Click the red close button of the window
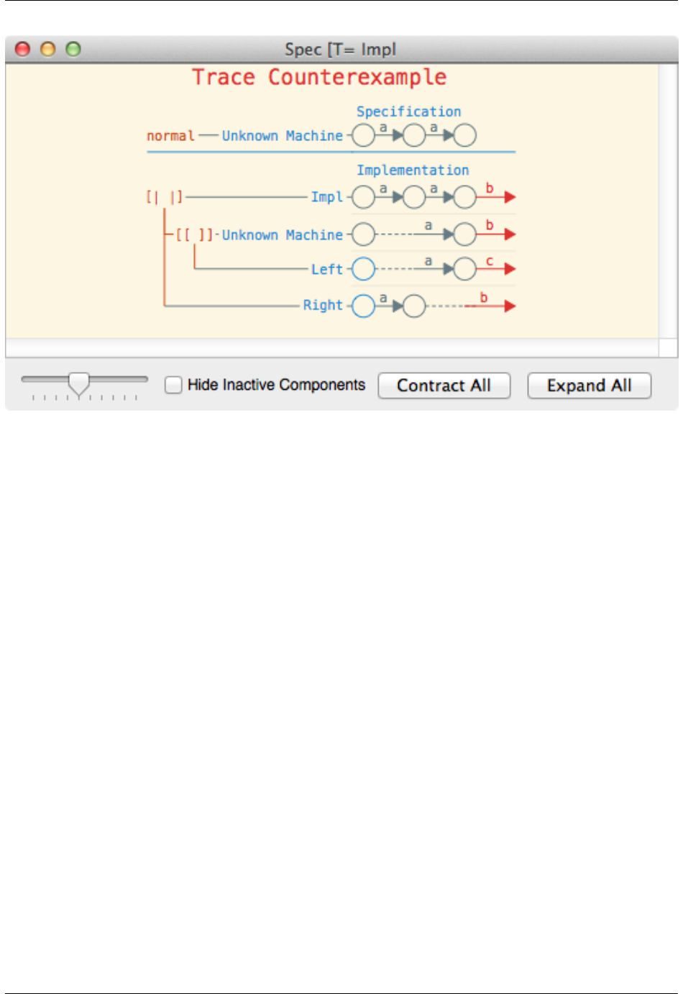tap(23, 49)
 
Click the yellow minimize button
tap(48, 49)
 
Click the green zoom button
tap(73, 49)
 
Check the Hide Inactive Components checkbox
tap(173, 385)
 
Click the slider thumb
tap(78, 383)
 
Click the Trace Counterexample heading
tap(319, 77)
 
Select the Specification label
tap(408, 111)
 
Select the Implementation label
tap(413, 170)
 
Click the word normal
tap(170, 136)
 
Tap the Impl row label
tap(326, 197)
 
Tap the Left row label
tap(326, 270)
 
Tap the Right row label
tap(323, 306)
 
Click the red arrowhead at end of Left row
tap(510, 269)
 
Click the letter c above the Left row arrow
tap(490, 261)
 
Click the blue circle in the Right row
tap(364, 306)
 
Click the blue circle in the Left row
tap(364, 269)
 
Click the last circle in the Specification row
tap(465, 135)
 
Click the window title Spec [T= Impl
tap(340, 49)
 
